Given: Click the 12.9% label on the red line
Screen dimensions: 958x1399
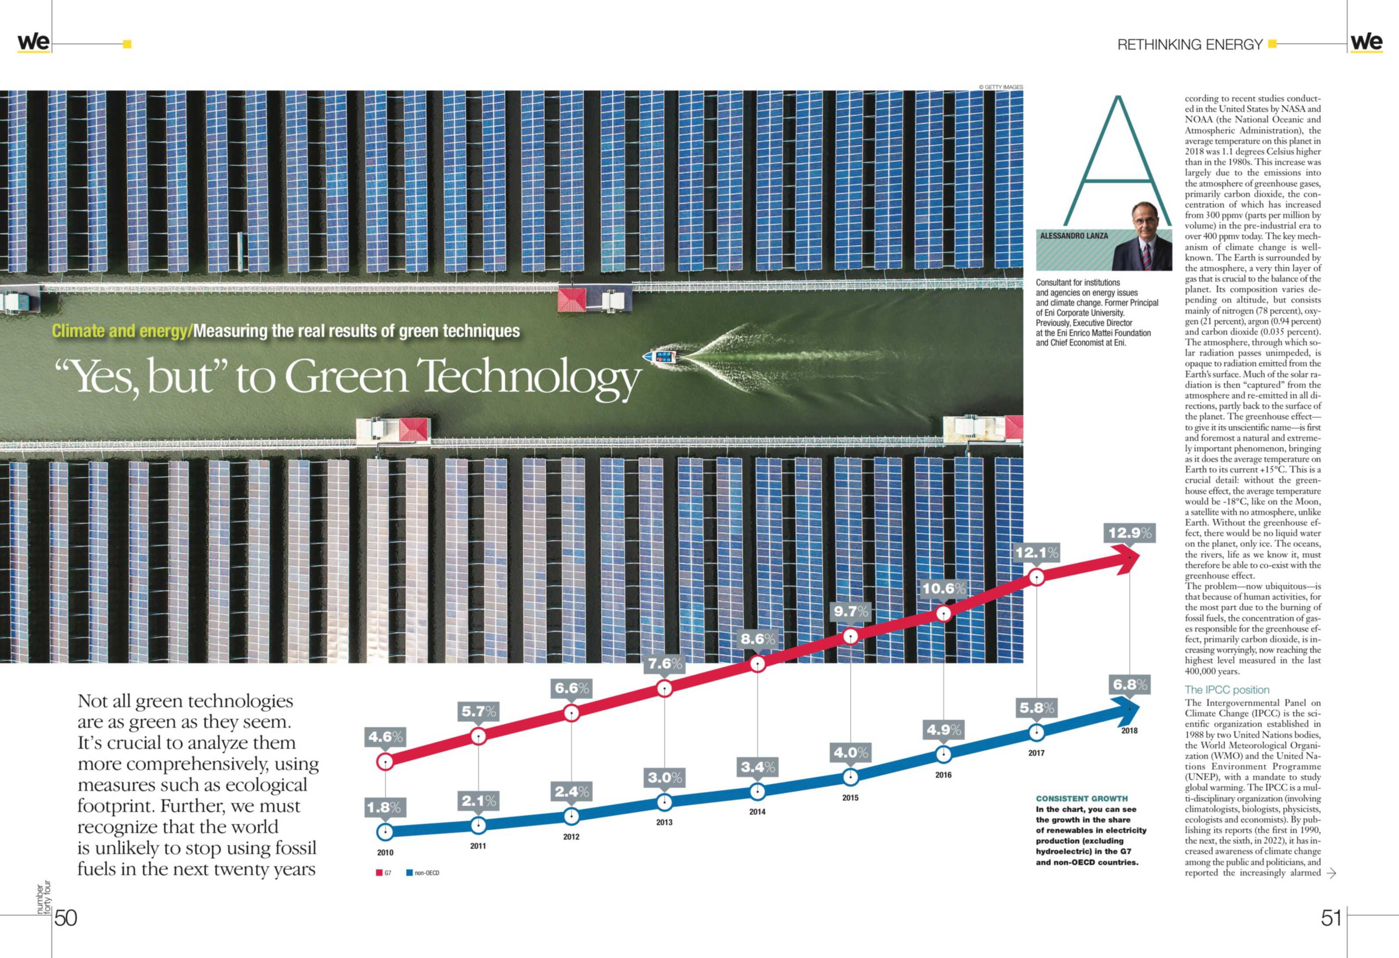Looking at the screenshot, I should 1129,533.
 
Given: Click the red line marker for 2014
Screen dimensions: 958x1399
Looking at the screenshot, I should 757,664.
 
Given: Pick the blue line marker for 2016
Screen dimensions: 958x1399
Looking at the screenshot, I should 943,754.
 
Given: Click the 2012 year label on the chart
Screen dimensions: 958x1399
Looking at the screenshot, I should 571,836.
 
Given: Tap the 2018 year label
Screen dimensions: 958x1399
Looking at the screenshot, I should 1129,730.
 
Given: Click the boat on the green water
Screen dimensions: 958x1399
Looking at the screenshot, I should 661,357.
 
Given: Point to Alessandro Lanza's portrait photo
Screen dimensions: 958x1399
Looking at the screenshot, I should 1141,238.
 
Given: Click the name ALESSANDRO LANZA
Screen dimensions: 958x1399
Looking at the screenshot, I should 1073,236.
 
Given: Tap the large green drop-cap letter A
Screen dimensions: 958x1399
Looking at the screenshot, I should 1117,162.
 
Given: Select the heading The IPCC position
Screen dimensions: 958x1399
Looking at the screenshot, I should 1227,690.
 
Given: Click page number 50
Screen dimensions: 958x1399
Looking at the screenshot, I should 66,918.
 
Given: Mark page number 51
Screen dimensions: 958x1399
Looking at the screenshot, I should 1331,918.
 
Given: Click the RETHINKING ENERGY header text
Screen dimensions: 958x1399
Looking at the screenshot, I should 1190,45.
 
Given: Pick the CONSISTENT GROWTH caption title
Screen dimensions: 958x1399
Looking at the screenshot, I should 1082,798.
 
